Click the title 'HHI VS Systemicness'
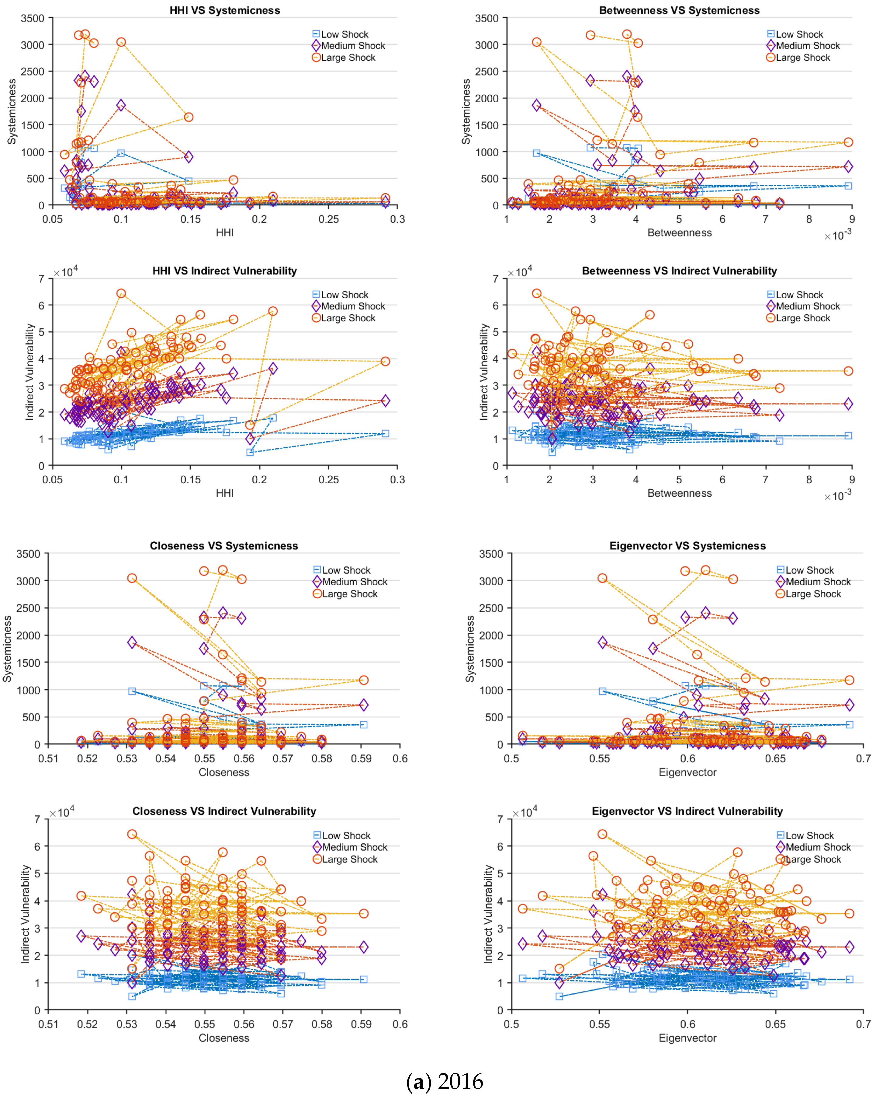[x=225, y=10]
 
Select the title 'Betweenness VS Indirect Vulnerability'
[x=679, y=271]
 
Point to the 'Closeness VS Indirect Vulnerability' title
[x=224, y=811]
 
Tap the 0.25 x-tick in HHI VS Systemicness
[x=328, y=219]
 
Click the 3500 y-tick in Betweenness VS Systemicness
[x=486, y=18]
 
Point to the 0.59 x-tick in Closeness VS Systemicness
[x=361, y=758]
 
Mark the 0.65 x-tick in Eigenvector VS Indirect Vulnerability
[x=775, y=1024]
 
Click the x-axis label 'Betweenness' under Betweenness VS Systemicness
[x=679, y=233]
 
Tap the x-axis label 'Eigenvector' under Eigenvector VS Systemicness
[x=687, y=772]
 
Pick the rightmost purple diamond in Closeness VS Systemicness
[x=364, y=705]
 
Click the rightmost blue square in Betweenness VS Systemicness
[x=848, y=186]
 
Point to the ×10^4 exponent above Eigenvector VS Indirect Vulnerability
[x=525, y=813]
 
